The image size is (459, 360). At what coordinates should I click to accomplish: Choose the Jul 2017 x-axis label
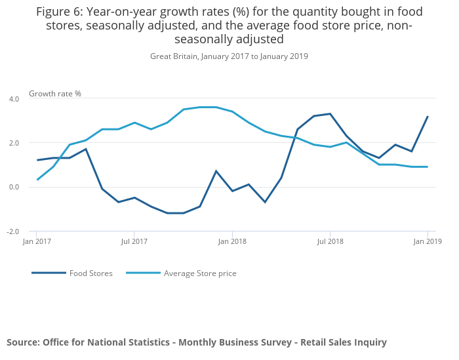tap(134, 241)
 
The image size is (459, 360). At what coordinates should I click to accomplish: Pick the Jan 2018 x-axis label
tap(232, 241)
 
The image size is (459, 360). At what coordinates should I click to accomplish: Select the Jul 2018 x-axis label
tap(330, 241)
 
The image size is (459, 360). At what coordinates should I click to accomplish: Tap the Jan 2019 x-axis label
tap(428, 241)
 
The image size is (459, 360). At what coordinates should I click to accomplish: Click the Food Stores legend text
tap(90, 273)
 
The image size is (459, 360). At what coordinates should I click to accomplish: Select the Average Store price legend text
tap(200, 273)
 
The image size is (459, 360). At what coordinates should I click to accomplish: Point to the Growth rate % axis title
tap(55, 94)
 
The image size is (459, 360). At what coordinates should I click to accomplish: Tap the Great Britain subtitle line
tap(229, 56)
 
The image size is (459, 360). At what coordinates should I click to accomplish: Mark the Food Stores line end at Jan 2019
tap(428, 117)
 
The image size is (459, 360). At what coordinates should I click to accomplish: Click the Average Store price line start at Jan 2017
tap(37, 180)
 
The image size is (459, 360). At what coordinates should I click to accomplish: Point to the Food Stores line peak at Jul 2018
tap(330, 114)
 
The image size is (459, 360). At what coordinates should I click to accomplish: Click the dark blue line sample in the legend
tap(49, 273)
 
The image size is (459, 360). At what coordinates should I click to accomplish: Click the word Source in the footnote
tap(22, 342)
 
